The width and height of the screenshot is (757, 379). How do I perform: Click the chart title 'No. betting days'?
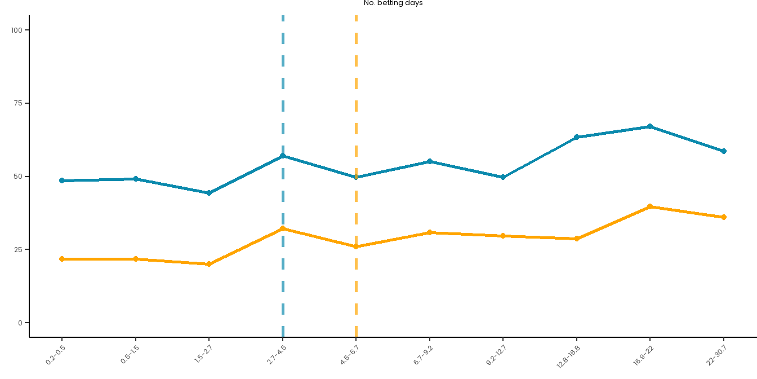click(x=393, y=3)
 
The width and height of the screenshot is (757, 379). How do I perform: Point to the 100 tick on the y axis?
click(x=20, y=30)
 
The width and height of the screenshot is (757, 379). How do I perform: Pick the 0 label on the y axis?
click(x=20, y=323)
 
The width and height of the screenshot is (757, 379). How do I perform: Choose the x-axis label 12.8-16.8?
click(x=569, y=356)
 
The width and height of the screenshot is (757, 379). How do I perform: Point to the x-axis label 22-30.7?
click(x=716, y=355)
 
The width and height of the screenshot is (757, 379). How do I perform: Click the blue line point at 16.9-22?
click(x=650, y=126)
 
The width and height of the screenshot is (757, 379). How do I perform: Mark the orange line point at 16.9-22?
click(x=650, y=206)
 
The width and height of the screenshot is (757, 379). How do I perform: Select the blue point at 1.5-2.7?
click(x=209, y=193)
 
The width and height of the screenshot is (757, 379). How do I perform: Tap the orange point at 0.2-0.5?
click(x=62, y=259)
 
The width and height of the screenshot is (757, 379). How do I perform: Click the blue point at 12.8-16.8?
click(x=577, y=137)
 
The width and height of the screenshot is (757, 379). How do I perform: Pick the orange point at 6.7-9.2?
click(x=430, y=232)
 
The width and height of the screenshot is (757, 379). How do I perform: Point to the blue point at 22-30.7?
click(x=724, y=151)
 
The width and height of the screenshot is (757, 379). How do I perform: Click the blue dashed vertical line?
click(x=283, y=85)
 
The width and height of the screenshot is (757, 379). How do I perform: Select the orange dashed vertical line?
click(x=356, y=85)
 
